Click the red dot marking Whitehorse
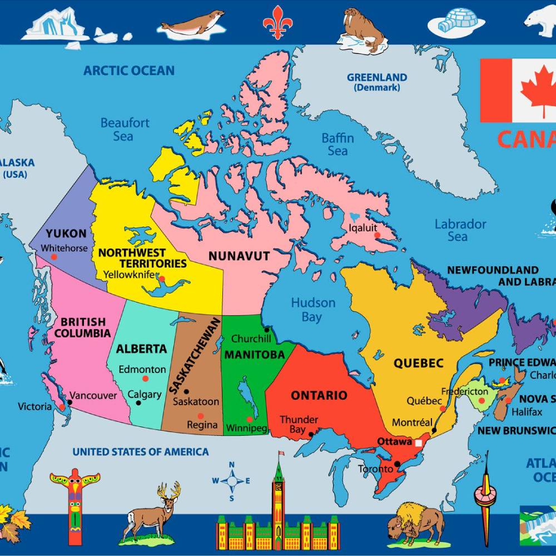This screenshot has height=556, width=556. click(x=54, y=257)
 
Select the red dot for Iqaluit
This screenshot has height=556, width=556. click(x=378, y=235)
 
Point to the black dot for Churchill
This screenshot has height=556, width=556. click(x=266, y=329)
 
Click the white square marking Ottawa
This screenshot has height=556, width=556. click(x=418, y=443)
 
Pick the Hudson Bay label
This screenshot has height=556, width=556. click(x=313, y=310)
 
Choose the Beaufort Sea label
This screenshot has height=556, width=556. click(x=125, y=129)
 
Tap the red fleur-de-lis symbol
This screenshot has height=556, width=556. click(x=277, y=23)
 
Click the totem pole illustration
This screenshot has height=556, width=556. click(x=75, y=504)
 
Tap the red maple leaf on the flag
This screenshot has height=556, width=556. click(x=538, y=90)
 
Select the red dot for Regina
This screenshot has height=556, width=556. click(x=200, y=415)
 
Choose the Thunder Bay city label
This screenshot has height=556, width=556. click(x=299, y=424)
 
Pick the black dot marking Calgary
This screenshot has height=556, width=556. click(x=138, y=403)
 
